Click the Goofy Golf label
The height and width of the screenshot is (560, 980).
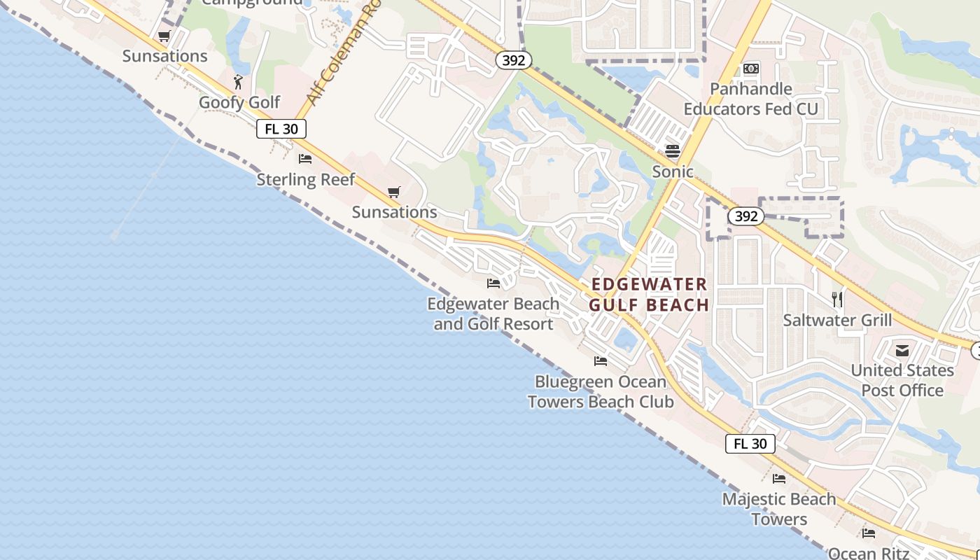[239, 102]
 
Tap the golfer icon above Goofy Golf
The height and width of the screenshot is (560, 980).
[238, 82]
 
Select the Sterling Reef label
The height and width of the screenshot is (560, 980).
[305, 179]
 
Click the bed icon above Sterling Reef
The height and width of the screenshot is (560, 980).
[305, 159]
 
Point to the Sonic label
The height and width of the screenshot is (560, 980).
[673, 171]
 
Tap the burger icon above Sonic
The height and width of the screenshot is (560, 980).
[673, 150]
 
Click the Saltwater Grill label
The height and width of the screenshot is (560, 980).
[837, 321]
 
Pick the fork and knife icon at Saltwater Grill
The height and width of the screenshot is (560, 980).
[837, 300]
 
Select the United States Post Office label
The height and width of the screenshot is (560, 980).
[902, 380]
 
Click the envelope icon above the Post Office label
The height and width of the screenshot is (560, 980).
[902, 350]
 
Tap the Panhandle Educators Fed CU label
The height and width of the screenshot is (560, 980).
[751, 99]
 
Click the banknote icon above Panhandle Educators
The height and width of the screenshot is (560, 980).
[751, 69]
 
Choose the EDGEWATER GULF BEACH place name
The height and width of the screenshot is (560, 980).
[649, 295]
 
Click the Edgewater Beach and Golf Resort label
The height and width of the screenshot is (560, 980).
[493, 314]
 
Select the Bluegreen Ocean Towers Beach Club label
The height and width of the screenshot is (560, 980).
[601, 391]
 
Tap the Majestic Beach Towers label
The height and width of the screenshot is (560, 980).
[779, 509]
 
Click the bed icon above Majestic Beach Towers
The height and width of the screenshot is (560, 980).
[779, 479]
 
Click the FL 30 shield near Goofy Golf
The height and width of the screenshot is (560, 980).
[281, 129]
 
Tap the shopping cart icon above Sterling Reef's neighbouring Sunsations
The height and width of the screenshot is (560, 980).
[394, 192]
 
